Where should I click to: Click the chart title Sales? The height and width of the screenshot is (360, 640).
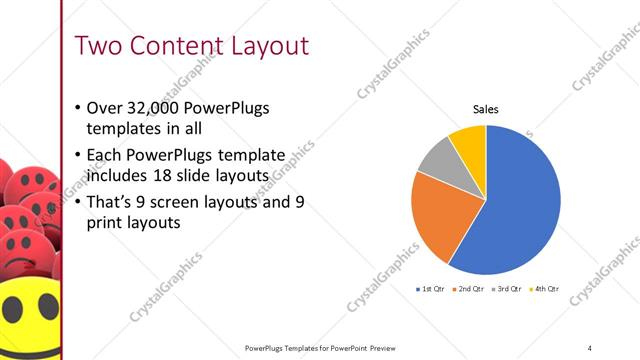(x=486, y=110)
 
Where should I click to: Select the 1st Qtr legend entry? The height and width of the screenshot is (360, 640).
(x=431, y=289)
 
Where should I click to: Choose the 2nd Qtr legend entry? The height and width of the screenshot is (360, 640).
(x=469, y=289)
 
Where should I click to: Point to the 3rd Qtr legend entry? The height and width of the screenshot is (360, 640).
(x=507, y=289)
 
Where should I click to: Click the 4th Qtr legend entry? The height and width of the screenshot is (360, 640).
(x=545, y=289)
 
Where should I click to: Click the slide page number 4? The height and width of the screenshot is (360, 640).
(x=590, y=347)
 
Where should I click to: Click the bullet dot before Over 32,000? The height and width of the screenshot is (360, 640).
(x=79, y=109)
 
